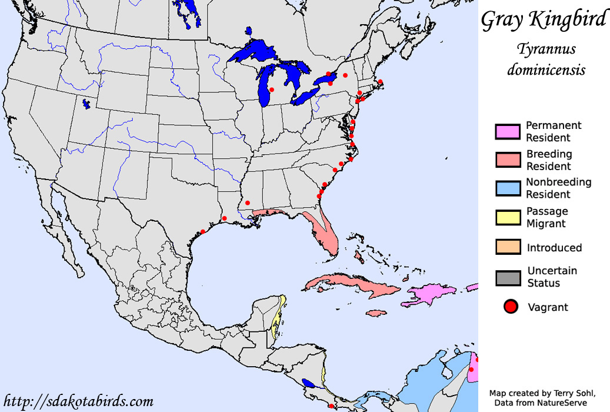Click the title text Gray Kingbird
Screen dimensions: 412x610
(543, 19)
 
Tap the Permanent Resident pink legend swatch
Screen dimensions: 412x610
(508, 132)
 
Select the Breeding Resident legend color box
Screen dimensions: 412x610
(508, 160)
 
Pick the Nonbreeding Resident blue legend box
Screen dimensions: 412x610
(508, 188)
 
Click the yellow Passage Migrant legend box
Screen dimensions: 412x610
(508, 217)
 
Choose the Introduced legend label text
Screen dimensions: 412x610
(554, 248)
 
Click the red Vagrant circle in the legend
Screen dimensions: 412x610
(511, 307)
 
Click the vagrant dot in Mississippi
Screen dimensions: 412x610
(248, 202)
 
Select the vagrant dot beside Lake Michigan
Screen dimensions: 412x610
(272, 89)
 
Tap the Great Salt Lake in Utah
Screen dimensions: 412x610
(86, 105)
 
